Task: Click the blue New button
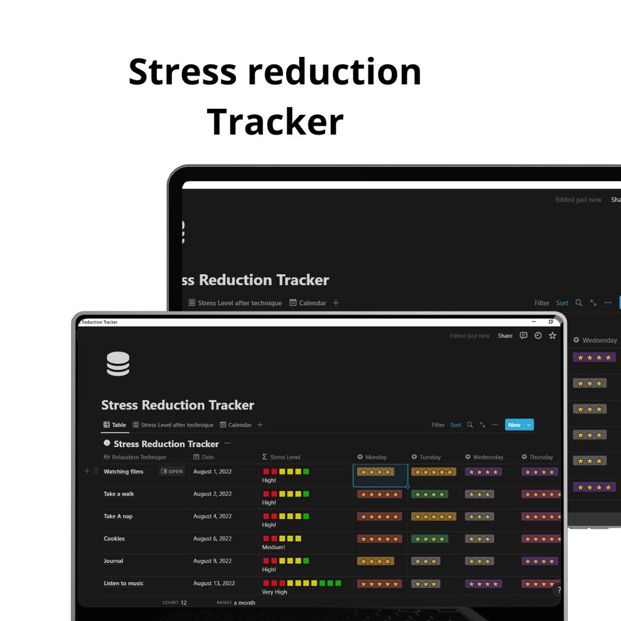pos(514,425)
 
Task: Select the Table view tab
pos(115,425)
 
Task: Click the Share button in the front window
pos(505,336)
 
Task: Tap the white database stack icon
pos(118,364)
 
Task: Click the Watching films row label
pos(123,471)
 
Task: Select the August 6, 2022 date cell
pos(212,539)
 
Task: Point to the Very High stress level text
pos(274,592)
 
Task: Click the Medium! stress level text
pos(273,547)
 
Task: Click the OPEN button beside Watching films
pos(172,471)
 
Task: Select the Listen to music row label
pos(123,583)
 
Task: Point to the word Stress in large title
pos(182,72)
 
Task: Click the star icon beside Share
pos(552,336)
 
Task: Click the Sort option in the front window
pos(455,425)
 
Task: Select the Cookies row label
pos(114,539)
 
